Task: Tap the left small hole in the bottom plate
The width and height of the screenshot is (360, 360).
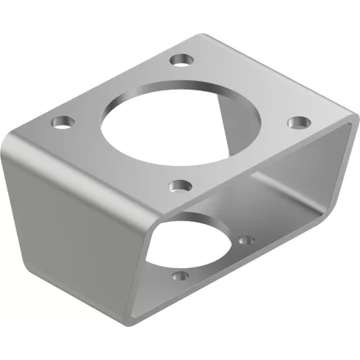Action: click(x=179, y=277)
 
